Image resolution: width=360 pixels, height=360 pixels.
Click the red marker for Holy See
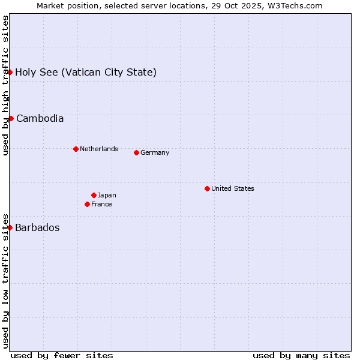(x=10, y=72)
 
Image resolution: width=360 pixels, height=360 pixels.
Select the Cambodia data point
(x=11, y=118)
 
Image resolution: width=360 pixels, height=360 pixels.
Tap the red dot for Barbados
(x=10, y=227)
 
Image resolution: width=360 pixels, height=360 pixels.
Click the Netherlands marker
(x=76, y=149)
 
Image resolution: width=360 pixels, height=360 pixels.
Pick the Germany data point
(x=136, y=152)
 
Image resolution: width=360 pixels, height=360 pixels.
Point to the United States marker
(x=207, y=188)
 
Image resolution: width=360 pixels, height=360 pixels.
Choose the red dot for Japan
(x=94, y=195)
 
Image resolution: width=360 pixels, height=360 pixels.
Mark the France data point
(x=87, y=204)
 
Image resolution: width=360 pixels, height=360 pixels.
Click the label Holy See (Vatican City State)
(x=86, y=73)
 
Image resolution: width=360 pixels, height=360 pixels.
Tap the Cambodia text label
(x=40, y=119)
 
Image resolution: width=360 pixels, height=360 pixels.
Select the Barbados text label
(x=37, y=228)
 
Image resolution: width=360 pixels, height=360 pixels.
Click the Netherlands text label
(x=98, y=149)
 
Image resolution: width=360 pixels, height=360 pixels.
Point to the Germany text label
(x=155, y=152)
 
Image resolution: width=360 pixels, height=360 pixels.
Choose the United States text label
(x=232, y=188)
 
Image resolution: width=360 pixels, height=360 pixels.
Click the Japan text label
(x=107, y=195)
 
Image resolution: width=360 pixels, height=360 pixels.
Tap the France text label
(x=101, y=204)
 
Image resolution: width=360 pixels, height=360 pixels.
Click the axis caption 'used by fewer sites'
(x=62, y=355)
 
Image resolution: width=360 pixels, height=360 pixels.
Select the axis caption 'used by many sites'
(x=301, y=355)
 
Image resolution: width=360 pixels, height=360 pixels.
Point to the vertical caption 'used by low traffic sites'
(x=6, y=281)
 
